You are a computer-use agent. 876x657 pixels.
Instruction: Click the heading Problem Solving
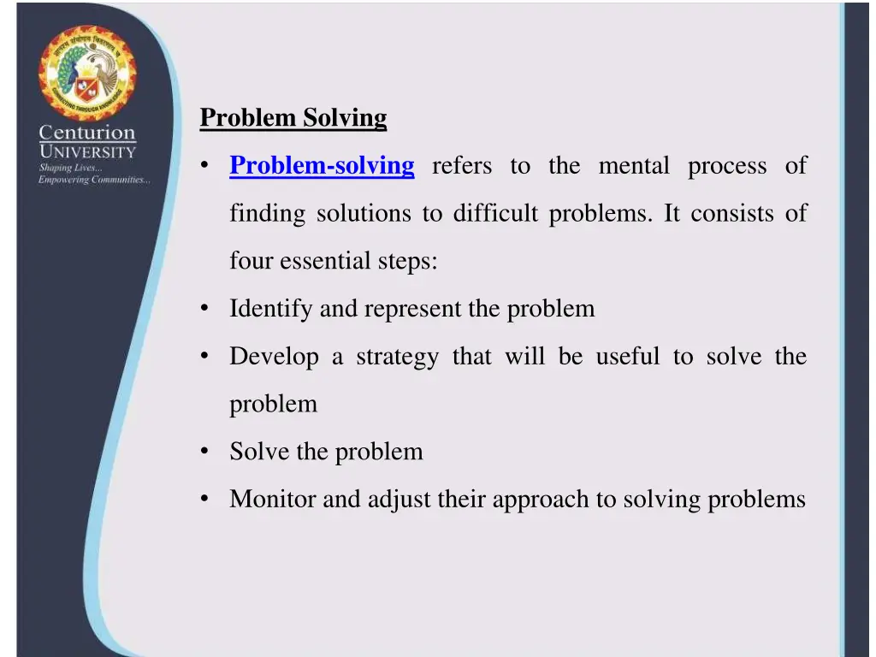[x=293, y=118]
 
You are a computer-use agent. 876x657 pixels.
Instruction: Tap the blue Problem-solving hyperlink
[x=322, y=165]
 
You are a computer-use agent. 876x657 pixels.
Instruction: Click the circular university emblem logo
[x=86, y=74]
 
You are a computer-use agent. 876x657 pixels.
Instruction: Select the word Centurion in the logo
[x=86, y=133]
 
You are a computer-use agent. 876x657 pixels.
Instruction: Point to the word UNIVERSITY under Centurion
[x=86, y=152]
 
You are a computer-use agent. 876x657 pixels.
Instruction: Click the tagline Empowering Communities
[x=94, y=180]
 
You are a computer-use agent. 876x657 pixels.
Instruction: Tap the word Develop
[x=274, y=357]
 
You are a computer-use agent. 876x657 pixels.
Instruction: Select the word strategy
[x=397, y=357]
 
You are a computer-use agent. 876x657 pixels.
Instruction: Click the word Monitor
[x=272, y=499]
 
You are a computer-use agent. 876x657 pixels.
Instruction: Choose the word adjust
[x=399, y=499]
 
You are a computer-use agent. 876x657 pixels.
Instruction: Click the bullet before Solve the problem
[x=205, y=451]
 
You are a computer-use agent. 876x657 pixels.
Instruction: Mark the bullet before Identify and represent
[x=205, y=309]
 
